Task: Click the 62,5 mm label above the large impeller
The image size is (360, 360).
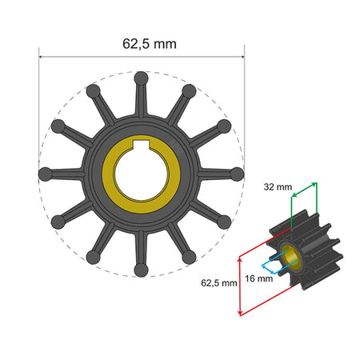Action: [141, 42]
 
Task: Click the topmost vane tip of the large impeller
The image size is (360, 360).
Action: [142, 78]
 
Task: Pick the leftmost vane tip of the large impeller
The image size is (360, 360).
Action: [46, 172]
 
